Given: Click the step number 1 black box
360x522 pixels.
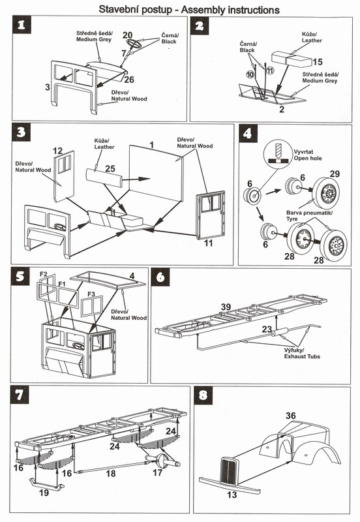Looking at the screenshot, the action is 22,25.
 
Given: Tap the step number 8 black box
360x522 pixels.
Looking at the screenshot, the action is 203,395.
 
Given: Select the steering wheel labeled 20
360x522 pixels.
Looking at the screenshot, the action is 134,44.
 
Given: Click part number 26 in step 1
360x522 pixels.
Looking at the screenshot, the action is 129,79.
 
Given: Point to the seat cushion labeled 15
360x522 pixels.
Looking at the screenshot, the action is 292,59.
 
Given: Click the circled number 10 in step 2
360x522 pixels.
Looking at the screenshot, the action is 250,74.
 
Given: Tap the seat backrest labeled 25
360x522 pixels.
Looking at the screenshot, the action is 104,179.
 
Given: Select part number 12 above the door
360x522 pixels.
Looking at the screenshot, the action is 58,151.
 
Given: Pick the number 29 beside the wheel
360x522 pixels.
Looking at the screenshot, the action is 335,174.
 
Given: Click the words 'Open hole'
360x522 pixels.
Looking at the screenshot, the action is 308,158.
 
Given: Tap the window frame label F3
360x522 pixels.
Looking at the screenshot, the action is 91,294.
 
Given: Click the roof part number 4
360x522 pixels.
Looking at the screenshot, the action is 132,276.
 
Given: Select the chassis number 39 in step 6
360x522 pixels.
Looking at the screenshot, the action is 226,307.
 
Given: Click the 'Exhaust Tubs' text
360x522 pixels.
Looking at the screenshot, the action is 302,356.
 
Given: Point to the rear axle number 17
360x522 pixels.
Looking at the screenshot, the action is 157,472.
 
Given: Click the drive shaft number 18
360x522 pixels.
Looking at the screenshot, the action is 111,474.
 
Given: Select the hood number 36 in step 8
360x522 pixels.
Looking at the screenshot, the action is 291,416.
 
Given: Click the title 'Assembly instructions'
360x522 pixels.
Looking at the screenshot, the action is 230,10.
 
